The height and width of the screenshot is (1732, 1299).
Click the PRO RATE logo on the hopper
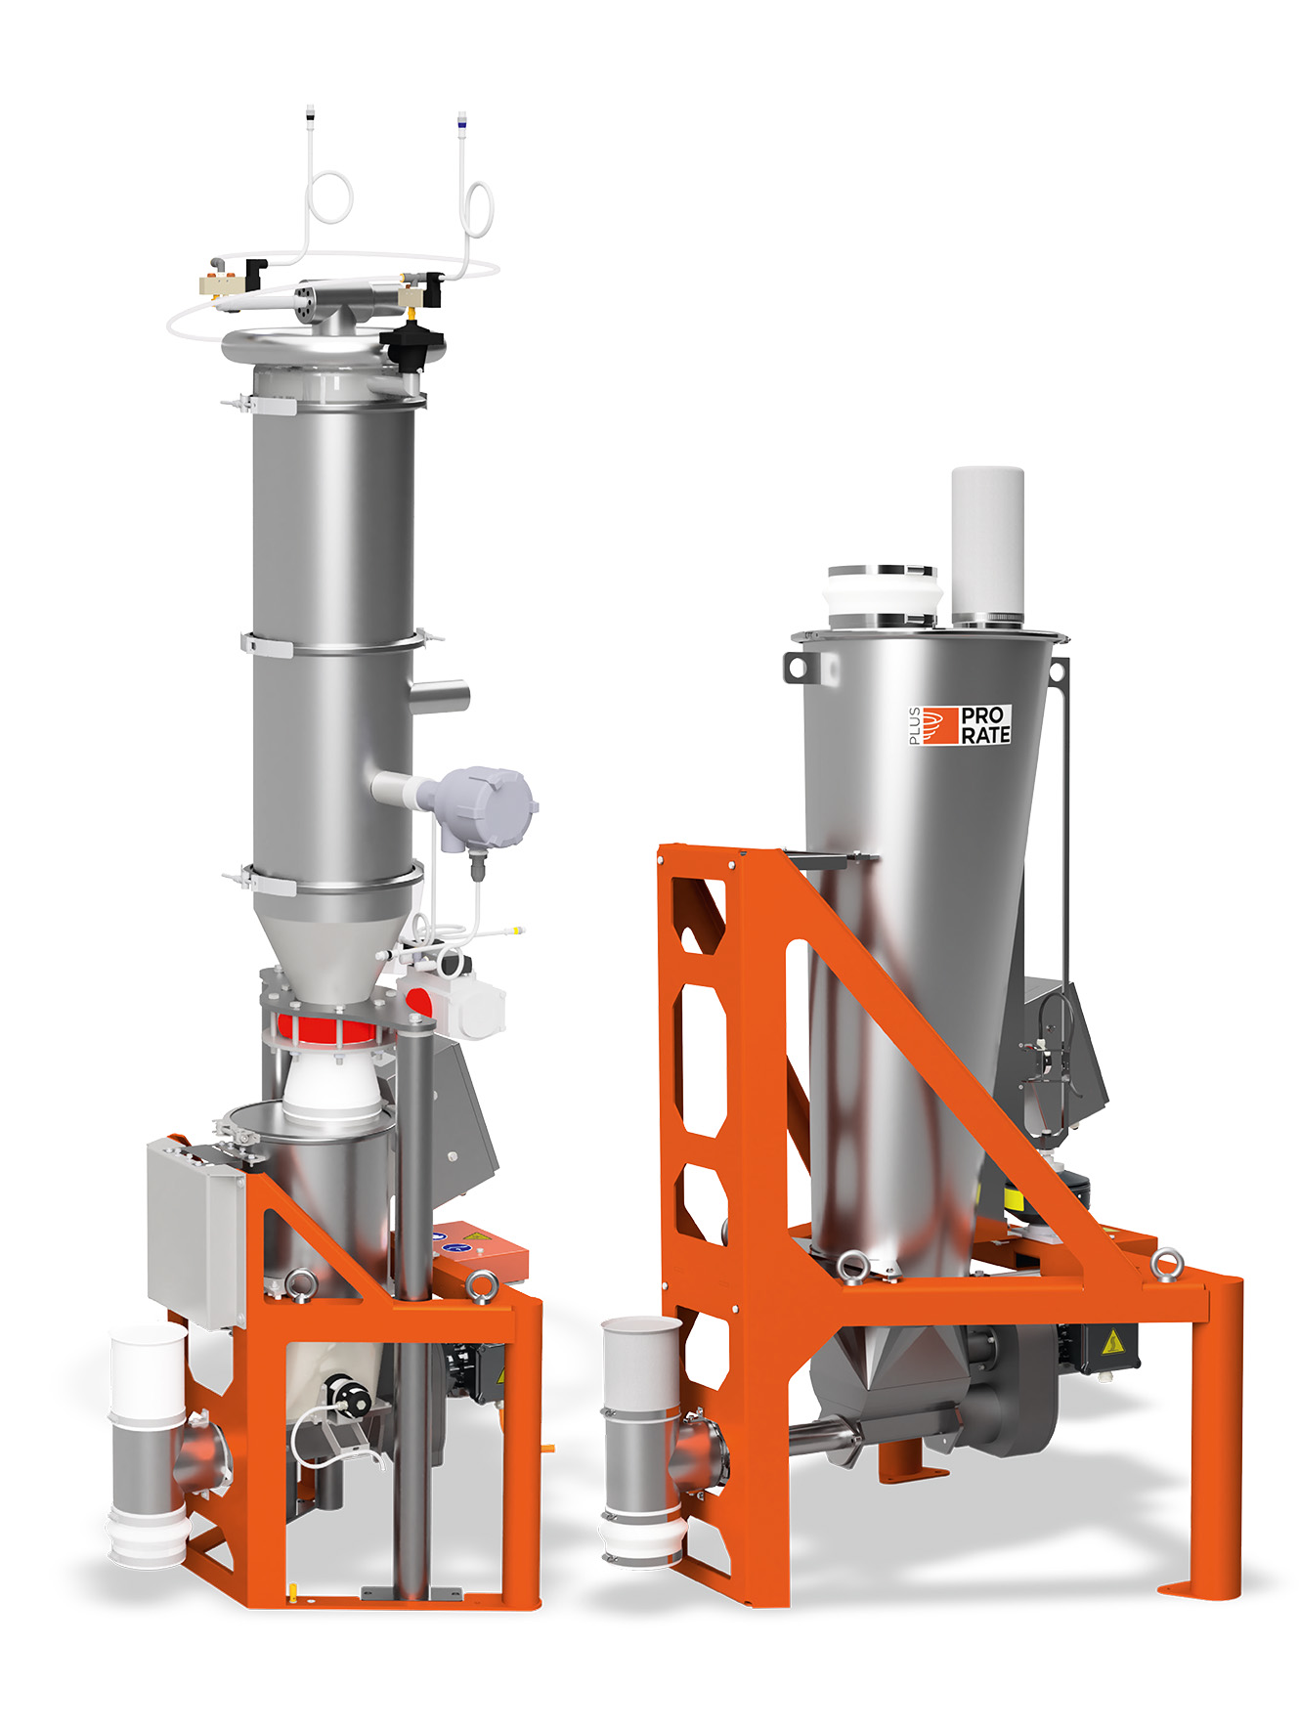coord(968,724)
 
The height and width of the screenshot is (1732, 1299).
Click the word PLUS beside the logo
coord(915,725)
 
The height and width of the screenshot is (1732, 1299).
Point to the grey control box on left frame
coord(195,1232)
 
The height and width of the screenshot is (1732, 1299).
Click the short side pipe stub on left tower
coord(442,696)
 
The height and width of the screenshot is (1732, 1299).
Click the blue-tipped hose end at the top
coord(461,125)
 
